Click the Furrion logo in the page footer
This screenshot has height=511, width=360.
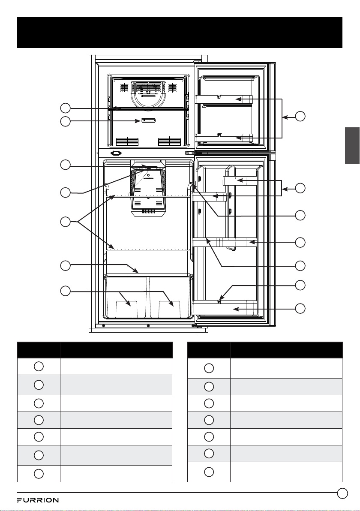[38, 500]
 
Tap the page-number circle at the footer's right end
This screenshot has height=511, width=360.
[342, 493]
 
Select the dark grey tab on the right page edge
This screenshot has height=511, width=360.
[353, 146]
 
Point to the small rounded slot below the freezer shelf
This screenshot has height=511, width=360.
[148, 120]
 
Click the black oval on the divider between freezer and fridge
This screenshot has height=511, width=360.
[116, 153]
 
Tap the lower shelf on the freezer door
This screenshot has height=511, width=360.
[223, 138]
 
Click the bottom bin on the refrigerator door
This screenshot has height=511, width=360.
[225, 308]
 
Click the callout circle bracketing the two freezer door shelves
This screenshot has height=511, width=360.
[300, 116]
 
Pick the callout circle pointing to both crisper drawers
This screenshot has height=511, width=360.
[66, 291]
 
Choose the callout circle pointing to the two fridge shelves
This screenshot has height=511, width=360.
[66, 222]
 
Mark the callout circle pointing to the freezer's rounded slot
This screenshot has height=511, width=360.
[66, 121]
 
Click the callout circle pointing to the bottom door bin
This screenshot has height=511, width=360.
[300, 308]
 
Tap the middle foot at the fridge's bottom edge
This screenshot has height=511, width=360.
[148, 325]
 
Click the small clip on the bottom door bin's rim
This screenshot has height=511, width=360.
[219, 301]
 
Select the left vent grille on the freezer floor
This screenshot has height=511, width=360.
[127, 141]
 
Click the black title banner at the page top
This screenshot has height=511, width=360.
[180, 33]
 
